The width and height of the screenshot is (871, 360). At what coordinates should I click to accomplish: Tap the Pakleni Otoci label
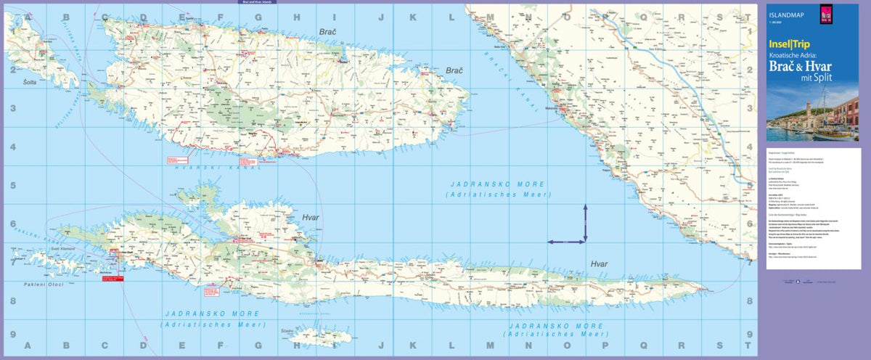[43, 284]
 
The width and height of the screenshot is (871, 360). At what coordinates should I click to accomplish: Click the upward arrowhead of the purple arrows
[586, 208]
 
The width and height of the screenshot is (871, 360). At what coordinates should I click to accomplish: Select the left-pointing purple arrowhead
[549, 241]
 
